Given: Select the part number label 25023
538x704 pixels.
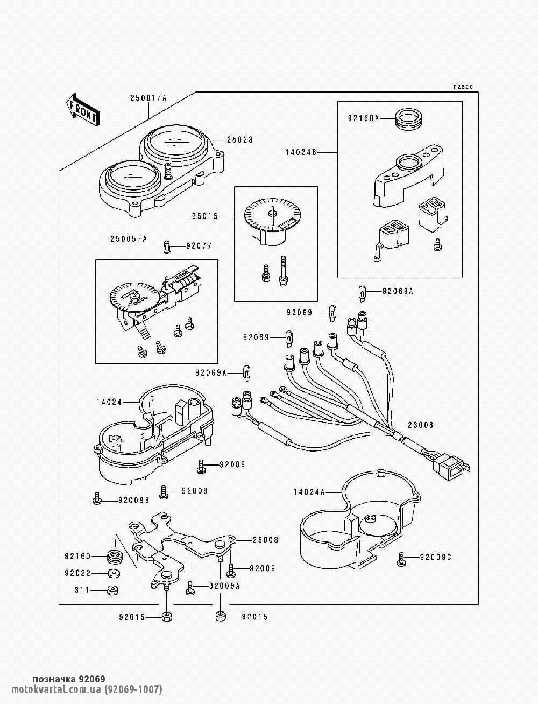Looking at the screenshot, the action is tap(240, 140).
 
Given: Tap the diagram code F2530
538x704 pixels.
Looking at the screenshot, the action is tap(463, 87).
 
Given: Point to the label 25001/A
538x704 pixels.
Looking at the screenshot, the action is tap(148, 98).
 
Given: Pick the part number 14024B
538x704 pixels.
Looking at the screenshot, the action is tap(301, 153).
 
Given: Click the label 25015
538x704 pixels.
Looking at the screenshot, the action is tap(204, 216).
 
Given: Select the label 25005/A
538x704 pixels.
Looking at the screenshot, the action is tap(129, 239).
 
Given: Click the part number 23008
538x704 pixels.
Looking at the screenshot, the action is tap(420, 425).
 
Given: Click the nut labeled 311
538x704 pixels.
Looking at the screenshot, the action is tap(112, 589).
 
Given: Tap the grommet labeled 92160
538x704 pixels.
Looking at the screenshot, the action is tap(113, 556).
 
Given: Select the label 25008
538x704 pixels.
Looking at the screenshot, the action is tap(265, 540).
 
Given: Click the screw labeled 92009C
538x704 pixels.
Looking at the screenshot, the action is tap(401, 558).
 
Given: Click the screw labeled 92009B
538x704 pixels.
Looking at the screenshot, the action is tap(96, 498).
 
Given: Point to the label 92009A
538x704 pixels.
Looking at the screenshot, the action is tap(224, 586).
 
